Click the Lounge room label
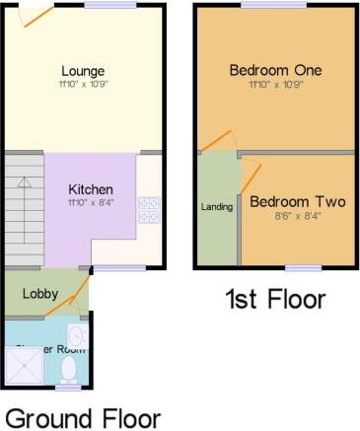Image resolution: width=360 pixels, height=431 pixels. (x=83, y=71)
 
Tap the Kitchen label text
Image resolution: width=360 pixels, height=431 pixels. (x=90, y=189)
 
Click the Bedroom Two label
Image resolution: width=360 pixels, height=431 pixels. (x=297, y=202)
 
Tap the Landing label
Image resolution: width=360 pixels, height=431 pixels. (x=217, y=207)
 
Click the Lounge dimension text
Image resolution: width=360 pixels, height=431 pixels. (x=83, y=86)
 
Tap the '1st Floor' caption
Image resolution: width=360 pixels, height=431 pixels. (x=275, y=300)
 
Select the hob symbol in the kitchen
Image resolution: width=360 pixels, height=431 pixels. (x=150, y=210)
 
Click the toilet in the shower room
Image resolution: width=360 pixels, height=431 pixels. (x=69, y=369)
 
